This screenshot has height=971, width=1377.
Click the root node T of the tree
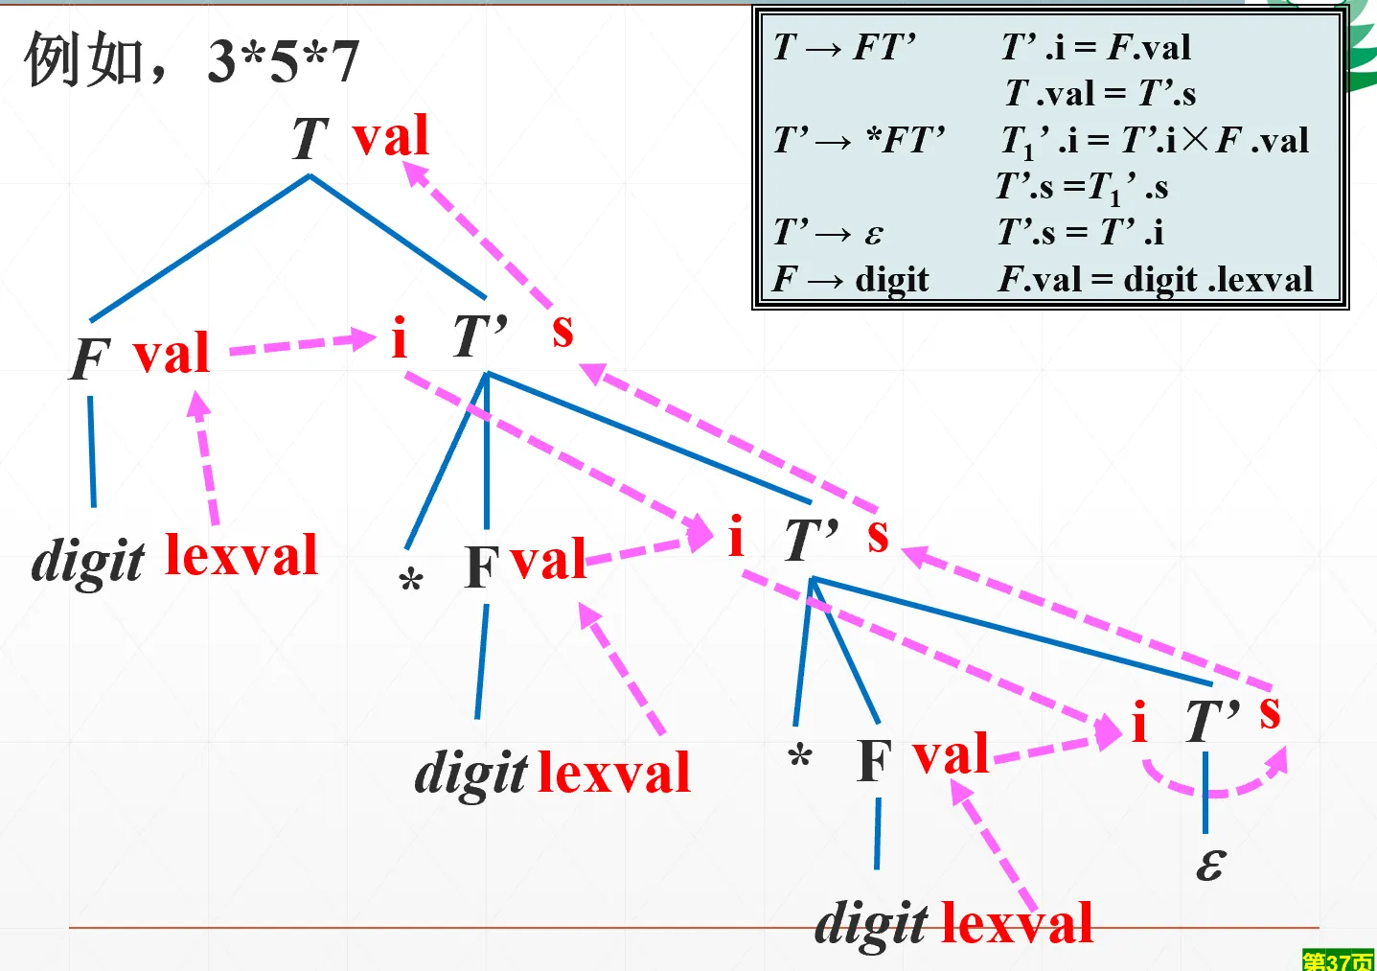coord(310,138)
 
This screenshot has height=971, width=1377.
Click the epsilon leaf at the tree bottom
coord(1211,864)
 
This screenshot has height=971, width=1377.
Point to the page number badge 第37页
coord(1338,959)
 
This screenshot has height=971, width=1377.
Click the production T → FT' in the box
coord(844,47)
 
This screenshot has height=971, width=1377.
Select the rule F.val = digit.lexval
coord(1156,279)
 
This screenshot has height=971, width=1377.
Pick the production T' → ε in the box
coord(829,233)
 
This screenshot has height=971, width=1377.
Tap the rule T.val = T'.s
coord(1100,93)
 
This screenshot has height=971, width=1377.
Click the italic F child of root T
coord(90,358)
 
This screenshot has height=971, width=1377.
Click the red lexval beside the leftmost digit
coord(241,554)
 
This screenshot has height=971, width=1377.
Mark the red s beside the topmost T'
coord(562,331)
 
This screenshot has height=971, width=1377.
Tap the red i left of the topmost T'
coord(400,337)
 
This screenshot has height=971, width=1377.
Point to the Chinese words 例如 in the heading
coord(84,59)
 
